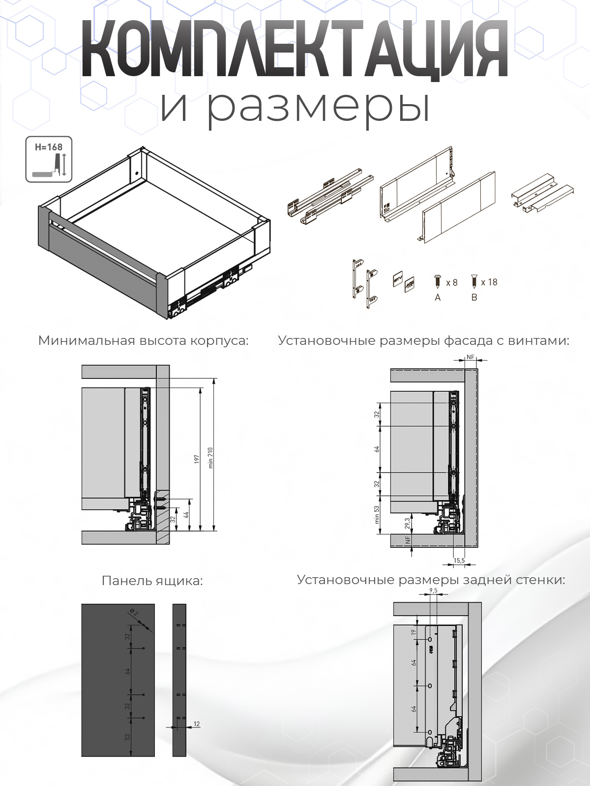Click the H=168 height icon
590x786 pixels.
[x=49, y=159]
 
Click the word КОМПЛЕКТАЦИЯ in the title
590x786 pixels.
[x=295, y=49]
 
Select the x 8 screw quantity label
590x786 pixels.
[x=451, y=282]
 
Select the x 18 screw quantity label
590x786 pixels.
[x=489, y=282]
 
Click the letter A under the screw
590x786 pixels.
[x=438, y=297]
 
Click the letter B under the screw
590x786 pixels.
[x=474, y=297]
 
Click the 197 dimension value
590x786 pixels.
[x=197, y=459]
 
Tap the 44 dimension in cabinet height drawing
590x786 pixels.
[x=186, y=515]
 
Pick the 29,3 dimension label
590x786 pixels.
[x=407, y=523]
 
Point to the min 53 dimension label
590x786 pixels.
[x=377, y=514]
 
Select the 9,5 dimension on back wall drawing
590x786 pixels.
[x=433, y=590]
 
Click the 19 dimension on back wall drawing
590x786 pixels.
[x=413, y=632]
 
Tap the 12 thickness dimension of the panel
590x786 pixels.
[x=197, y=724]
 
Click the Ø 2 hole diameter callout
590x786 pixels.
[x=134, y=612]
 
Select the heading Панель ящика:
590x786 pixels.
[x=152, y=581]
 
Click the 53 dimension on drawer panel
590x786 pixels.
[x=127, y=737]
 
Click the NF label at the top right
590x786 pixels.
[x=470, y=357]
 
